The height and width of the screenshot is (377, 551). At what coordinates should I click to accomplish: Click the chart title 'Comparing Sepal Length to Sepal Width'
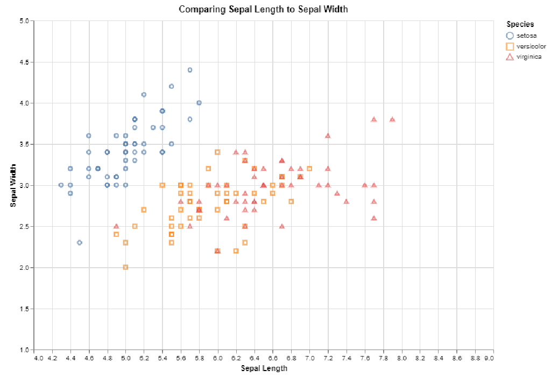263,9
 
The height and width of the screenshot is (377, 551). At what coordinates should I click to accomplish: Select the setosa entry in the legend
526,36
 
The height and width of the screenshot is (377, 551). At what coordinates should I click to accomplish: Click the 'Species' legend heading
520,24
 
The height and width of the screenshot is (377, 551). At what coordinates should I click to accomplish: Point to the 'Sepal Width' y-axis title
13,185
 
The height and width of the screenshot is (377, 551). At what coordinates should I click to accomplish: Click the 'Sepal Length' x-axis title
264,368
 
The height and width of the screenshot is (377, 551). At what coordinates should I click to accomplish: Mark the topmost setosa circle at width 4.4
190,70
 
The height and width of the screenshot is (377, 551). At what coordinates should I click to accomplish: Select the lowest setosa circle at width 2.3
79,242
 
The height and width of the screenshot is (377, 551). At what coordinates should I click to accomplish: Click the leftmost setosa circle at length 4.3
61,185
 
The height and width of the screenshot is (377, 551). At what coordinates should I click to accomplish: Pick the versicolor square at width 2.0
125,267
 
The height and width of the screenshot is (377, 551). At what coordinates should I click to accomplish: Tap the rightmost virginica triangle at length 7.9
392,120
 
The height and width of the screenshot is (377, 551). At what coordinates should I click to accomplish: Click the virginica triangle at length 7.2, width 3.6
328,136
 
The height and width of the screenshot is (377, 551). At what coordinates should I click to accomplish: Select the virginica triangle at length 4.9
116,226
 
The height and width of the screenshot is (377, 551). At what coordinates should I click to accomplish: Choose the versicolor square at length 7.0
309,169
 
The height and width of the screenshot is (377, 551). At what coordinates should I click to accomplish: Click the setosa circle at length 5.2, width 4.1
144,95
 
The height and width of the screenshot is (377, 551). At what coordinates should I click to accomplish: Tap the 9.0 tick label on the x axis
489,358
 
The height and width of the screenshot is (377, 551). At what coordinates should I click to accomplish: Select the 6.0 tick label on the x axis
217,358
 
